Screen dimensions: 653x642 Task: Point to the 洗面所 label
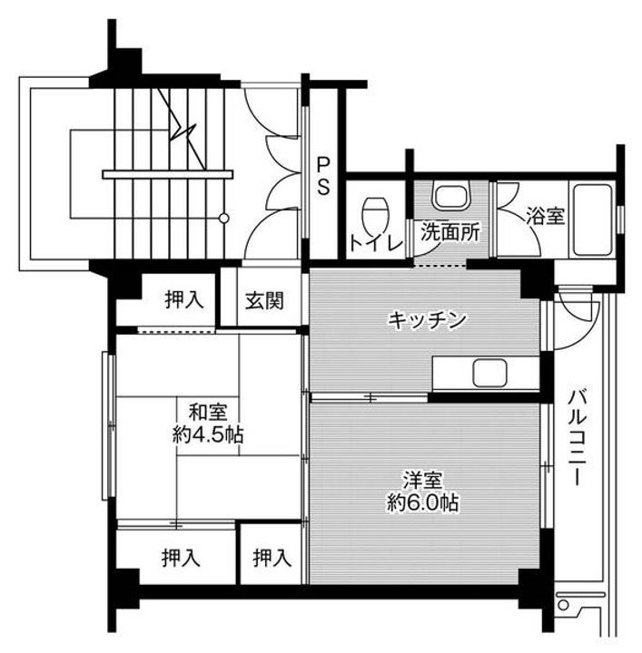tap(449, 231)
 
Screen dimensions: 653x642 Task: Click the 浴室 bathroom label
tap(545, 217)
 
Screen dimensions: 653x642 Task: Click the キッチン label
tap(427, 319)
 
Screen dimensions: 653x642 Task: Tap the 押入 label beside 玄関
tap(184, 300)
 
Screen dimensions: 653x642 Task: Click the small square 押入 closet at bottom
tap(272, 555)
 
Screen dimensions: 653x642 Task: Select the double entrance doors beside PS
tap(272, 172)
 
